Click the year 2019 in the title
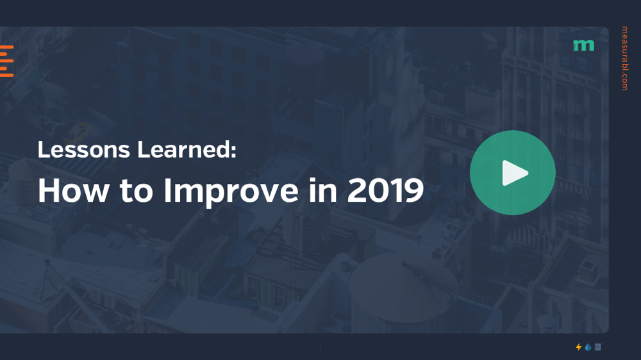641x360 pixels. [385, 190]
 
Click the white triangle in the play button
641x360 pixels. [514, 172]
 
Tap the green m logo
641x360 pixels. [583, 45]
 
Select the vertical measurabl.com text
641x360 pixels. [624, 58]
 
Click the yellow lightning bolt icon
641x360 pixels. [579, 347]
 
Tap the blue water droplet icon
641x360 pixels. [588, 347]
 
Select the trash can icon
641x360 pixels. [598, 347]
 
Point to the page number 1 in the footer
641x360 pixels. [320, 350]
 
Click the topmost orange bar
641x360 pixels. [6, 47]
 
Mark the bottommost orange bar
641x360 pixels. [6, 76]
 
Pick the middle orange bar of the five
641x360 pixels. [6, 61]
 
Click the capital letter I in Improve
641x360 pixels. [167, 190]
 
